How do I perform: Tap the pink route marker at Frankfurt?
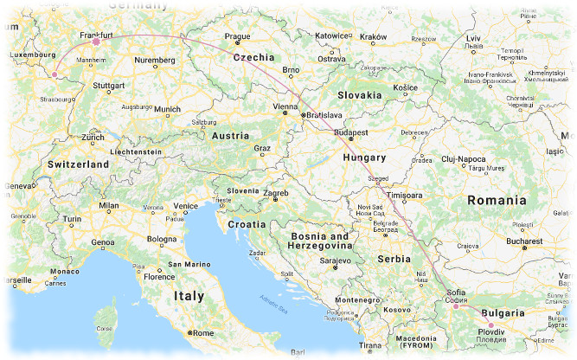tap(96, 41)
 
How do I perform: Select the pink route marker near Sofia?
tap(456, 306)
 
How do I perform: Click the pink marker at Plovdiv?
tap(490, 325)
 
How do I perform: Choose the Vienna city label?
tap(285, 106)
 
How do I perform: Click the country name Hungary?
tap(363, 158)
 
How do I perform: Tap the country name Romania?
tap(496, 200)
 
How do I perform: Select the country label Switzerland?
tap(78, 164)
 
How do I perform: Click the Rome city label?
tap(202, 333)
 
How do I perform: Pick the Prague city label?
tap(237, 36)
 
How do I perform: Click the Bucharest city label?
tap(524, 241)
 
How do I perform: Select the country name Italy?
tap(189, 296)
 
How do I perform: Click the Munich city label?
tap(167, 109)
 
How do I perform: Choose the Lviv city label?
tap(472, 39)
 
